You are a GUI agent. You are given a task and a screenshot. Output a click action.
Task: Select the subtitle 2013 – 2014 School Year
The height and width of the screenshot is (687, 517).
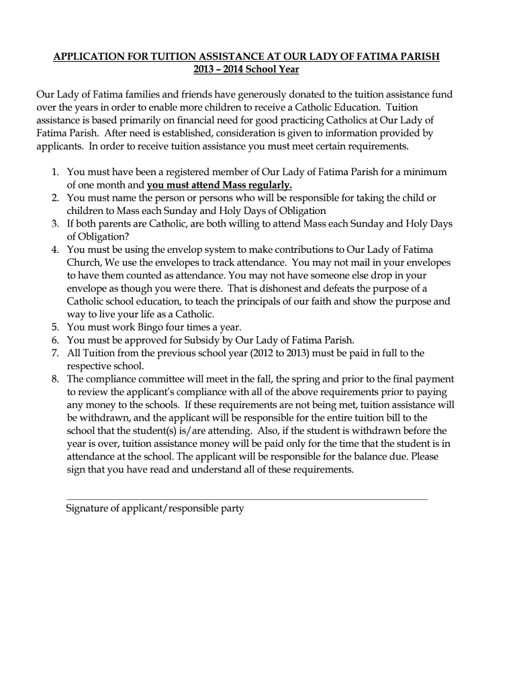[246, 69]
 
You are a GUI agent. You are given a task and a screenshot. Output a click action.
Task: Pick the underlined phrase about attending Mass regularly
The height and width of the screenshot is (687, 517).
[220, 185]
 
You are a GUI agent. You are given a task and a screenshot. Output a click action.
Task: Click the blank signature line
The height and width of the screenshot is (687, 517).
[246, 498]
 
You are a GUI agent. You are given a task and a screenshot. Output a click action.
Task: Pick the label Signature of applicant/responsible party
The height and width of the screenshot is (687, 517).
[155, 509]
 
